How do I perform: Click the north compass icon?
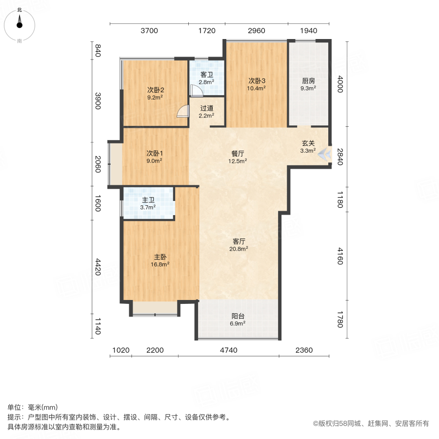coord(20,21)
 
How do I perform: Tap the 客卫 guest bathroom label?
coord(207,75)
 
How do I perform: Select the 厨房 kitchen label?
coord(308,81)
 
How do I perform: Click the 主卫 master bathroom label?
coord(148,200)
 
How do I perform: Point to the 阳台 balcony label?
coord(238,316)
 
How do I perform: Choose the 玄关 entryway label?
coord(308,143)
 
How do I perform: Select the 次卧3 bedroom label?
coord(257,81)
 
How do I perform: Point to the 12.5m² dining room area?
coord(239,160)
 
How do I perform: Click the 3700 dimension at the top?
coord(149,31)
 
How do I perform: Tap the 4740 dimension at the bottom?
coord(228,350)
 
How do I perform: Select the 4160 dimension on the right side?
coord(340,256)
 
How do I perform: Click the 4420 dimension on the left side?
coord(98,267)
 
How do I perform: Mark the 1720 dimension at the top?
coord(206,31)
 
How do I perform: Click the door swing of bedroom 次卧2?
coord(182,112)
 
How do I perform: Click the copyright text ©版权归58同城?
coord(371,423)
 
